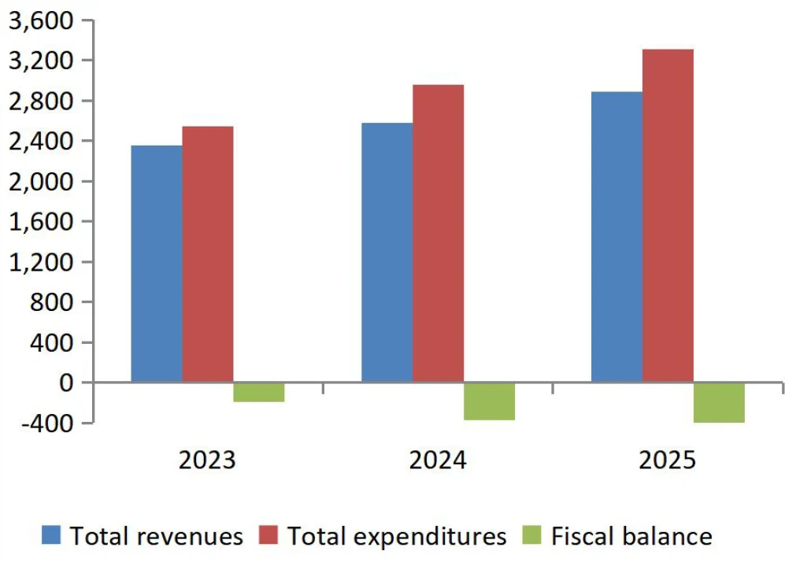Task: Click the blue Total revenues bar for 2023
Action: pos(157,264)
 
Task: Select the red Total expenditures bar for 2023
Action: pos(208,254)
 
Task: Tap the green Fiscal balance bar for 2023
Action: pos(259,392)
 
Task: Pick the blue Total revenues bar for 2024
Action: pos(387,253)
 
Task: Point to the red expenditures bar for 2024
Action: pos(438,234)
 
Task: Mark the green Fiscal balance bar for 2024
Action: pos(489,401)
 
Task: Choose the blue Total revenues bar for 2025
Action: pos(617,237)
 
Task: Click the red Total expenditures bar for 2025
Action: pos(668,216)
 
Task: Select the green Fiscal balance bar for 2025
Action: pos(719,402)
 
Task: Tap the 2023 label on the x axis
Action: pos(207,460)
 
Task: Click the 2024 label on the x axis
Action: pos(438,460)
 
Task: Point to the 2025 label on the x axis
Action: pos(668,460)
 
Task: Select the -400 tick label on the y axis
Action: pos(47,423)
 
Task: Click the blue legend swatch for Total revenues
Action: pos(52,536)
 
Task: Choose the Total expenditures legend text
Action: pos(397,537)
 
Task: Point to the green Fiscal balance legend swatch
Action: pos(532,536)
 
